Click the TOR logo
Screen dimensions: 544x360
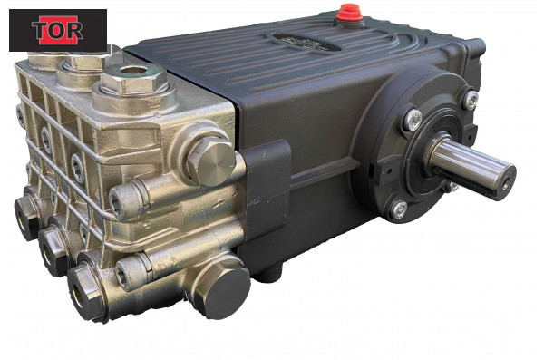(x=58, y=30)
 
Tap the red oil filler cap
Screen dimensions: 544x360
(x=349, y=13)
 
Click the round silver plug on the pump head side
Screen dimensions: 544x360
(x=210, y=161)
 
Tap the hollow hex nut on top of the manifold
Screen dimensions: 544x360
(x=132, y=78)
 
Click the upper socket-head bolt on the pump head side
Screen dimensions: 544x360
(x=126, y=201)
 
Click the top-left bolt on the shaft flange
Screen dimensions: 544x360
(x=413, y=120)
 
